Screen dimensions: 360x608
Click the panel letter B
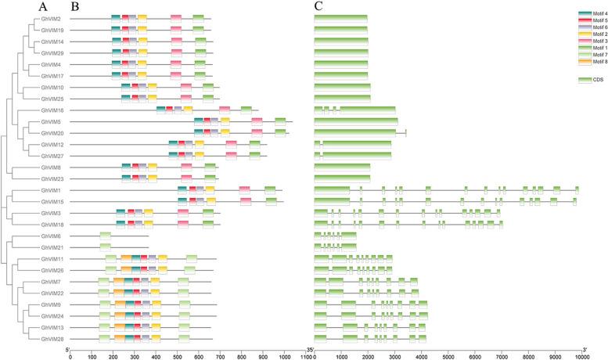tap(74, 6)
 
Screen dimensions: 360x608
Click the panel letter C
tap(318, 6)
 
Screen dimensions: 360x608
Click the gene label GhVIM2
tap(41, 18)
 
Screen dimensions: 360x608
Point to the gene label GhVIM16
tap(40, 110)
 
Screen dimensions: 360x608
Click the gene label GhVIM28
tap(40, 339)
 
